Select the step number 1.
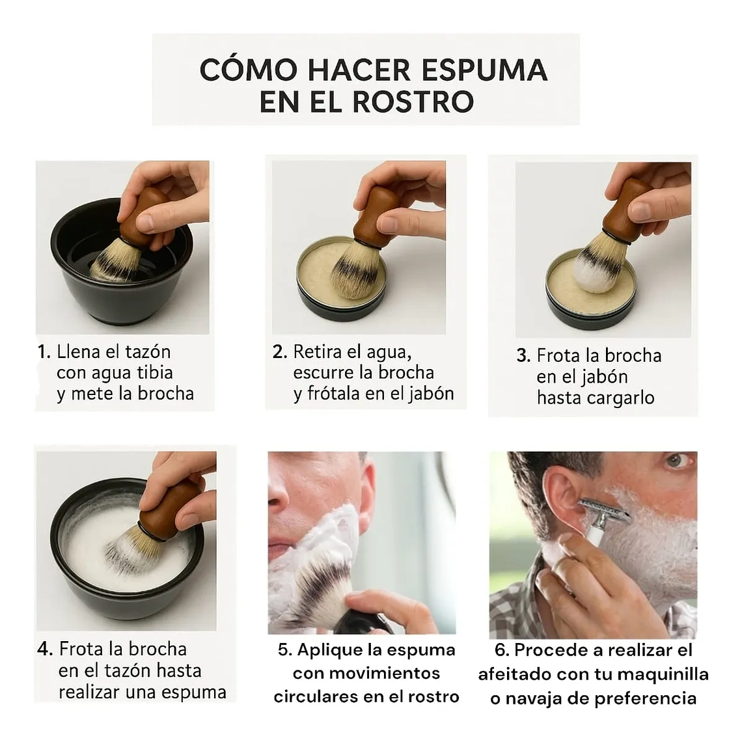(44, 352)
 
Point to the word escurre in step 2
(323, 372)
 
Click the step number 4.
(45, 649)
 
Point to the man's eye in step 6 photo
(677, 461)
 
